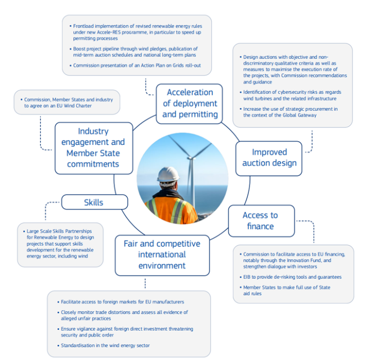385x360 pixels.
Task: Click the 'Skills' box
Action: point(94,202)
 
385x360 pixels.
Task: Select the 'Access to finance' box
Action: point(261,221)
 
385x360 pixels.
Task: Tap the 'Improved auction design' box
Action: point(269,158)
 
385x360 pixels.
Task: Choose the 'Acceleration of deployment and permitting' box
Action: point(189,103)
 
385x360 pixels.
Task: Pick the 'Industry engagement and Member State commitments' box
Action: point(93,147)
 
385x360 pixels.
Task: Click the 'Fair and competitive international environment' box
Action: point(162,254)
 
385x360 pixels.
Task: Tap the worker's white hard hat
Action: point(167,174)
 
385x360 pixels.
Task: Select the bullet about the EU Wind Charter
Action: point(68,103)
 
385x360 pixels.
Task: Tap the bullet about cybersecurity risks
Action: point(291,94)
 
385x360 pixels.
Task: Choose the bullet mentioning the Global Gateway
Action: point(291,112)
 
